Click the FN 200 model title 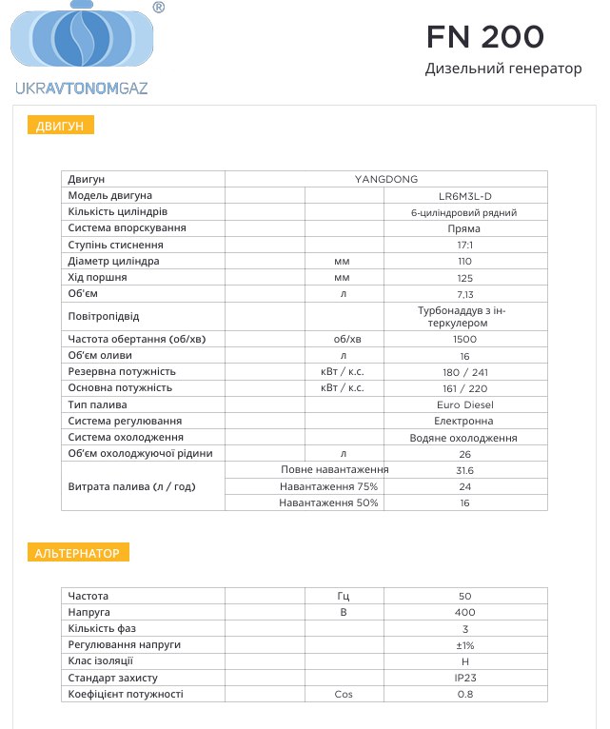pos(485,36)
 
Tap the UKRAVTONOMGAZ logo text pos(82,88)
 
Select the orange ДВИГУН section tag pos(60,126)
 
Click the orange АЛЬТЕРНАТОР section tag pos(77,552)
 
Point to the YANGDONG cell pos(385,179)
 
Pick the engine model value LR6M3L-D pos(465,195)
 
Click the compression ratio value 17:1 pos(465,245)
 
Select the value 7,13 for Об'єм pos(465,293)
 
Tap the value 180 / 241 pos(465,371)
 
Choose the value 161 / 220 pos(465,388)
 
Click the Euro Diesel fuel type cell pos(465,404)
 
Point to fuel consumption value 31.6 pos(465,470)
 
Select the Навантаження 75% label pos(328,486)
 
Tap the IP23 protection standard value pos(465,678)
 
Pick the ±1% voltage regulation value pos(465,645)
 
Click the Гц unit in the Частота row pos(344,596)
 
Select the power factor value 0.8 pos(465,694)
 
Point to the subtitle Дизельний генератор pos(502,69)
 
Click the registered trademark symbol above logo pos(158,8)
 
